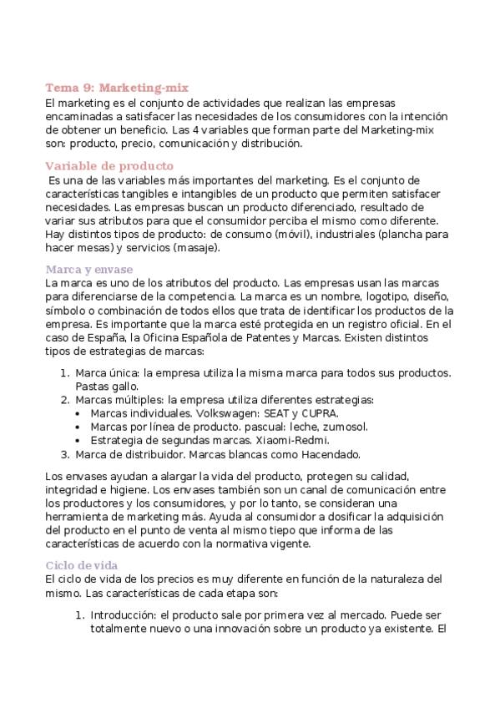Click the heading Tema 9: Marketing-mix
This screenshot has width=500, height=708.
(117, 88)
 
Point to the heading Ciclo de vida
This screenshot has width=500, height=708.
(82, 565)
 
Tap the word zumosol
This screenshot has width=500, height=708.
(343, 427)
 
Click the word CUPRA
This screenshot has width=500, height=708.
(318, 413)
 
